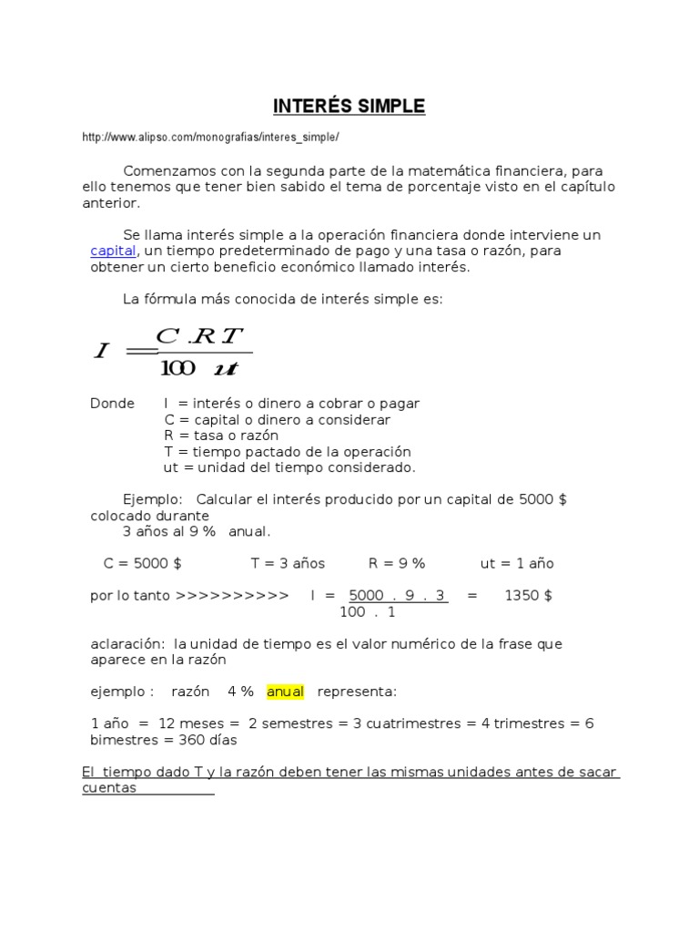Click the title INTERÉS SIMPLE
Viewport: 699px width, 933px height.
[x=349, y=107]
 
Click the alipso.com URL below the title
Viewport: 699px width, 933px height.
[x=210, y=138]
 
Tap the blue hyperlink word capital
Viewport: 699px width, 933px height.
[x=114, y=251]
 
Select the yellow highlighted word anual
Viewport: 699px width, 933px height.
[x=285, y=692]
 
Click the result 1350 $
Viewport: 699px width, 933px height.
[x=528, y=595]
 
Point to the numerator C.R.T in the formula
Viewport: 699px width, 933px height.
[x=201, y=336]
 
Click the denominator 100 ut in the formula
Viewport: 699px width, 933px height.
[x=199, y=368]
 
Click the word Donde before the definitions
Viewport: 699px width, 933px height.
[x=112, y=403]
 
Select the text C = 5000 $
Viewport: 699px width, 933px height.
[x=142, y=563]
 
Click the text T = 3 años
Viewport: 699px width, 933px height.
[x=288, y=563]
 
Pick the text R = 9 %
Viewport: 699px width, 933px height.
[x=397, y=563]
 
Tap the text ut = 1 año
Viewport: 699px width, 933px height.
[x=517, y=563]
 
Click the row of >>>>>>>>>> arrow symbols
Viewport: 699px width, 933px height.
[x=232, y=595]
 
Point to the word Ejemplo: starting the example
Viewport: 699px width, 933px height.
[x=153, y=499]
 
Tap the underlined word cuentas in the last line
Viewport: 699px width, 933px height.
[x=109, y=788]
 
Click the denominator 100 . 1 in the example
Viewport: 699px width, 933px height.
[x=368, y=612]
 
